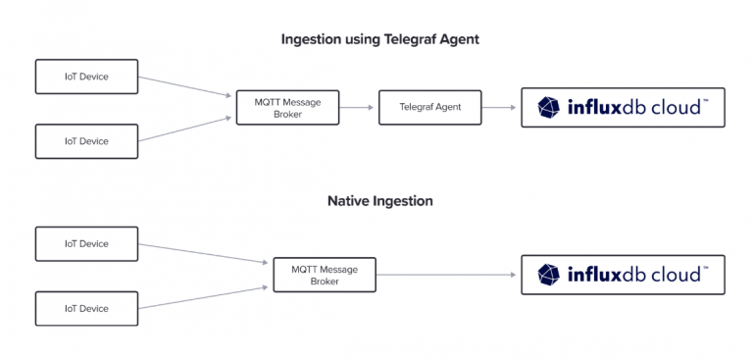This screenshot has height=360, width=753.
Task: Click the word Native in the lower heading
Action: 350,201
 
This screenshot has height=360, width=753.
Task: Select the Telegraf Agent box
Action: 430,107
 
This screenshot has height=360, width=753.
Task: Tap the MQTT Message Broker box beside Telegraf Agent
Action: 287,107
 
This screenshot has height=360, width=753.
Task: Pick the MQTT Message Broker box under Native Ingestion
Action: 324,274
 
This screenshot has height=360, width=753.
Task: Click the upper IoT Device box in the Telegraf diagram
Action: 86,76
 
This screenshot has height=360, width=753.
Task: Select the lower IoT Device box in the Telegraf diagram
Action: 86,140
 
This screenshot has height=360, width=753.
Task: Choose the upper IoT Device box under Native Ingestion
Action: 86,243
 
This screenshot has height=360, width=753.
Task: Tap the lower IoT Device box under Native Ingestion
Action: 86,308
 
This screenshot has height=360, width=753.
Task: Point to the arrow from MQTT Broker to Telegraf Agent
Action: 358,107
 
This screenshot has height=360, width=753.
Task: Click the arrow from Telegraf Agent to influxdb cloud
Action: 500,107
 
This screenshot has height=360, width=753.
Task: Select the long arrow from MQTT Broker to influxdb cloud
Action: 446,275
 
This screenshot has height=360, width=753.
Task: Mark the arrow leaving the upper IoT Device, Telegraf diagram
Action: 186,86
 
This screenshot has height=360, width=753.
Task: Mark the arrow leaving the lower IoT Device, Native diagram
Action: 204,297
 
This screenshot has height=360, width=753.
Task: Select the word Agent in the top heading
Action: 458,39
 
